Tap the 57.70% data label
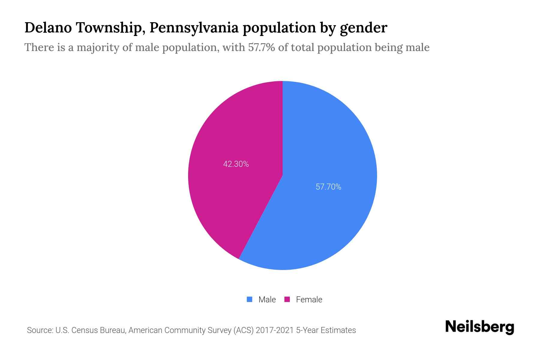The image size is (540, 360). [328, 187]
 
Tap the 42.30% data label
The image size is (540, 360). [236, 164]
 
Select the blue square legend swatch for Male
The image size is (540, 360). [249, 299]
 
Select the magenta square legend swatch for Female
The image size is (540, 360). [287, 299]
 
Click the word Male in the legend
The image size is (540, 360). [267, 299]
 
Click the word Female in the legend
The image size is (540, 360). [309, 299]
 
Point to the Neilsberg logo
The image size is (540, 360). [479, 327]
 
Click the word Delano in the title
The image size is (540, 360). [48, 28]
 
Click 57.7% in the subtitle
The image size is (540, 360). [261, 47]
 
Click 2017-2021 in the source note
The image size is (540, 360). [274, 330]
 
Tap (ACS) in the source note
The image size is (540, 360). [243, 330]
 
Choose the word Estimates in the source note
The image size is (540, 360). [338, 330]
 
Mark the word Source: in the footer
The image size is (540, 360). [40, 330]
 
